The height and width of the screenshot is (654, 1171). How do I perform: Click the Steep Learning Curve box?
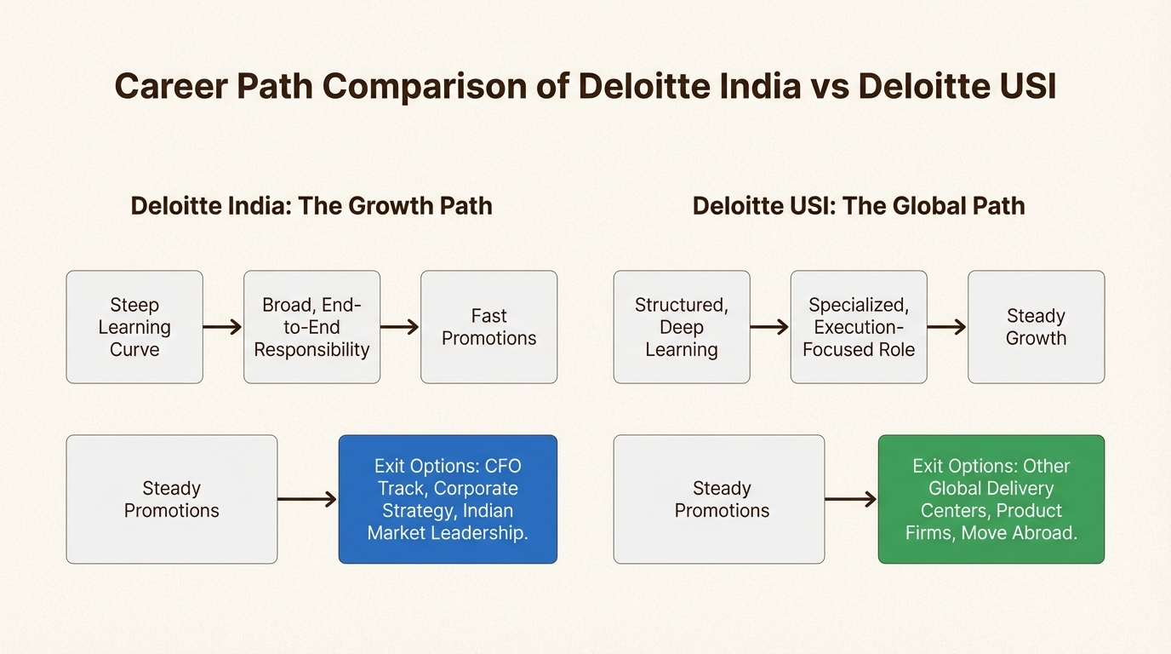click(134, 327)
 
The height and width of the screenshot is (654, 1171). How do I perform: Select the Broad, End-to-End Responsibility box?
click(311, 327)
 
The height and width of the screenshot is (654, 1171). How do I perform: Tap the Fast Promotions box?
click(488, 327)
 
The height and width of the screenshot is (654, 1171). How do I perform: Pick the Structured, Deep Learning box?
click(681, 327)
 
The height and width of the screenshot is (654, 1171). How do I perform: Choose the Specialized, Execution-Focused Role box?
click(858, 327)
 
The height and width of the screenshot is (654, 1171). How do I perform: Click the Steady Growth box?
click(1036, 327)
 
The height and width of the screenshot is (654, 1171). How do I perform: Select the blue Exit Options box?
click(448, 499)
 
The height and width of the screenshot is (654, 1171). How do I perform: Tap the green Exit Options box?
click(991, 499)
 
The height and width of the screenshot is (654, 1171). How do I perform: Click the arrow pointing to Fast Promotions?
click(400, 327)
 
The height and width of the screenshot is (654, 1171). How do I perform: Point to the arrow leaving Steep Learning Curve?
click(223, 327)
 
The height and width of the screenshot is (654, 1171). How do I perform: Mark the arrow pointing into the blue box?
click(307, 499)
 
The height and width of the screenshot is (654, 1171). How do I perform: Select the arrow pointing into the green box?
click(851, 499)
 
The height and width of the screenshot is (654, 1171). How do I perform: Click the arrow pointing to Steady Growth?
click(946, 327)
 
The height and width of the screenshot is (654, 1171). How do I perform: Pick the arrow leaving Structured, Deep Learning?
click(769, 327)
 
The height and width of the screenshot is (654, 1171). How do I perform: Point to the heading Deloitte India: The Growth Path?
click(311, 206)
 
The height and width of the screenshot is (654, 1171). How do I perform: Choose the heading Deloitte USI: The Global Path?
click(858, 206)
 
